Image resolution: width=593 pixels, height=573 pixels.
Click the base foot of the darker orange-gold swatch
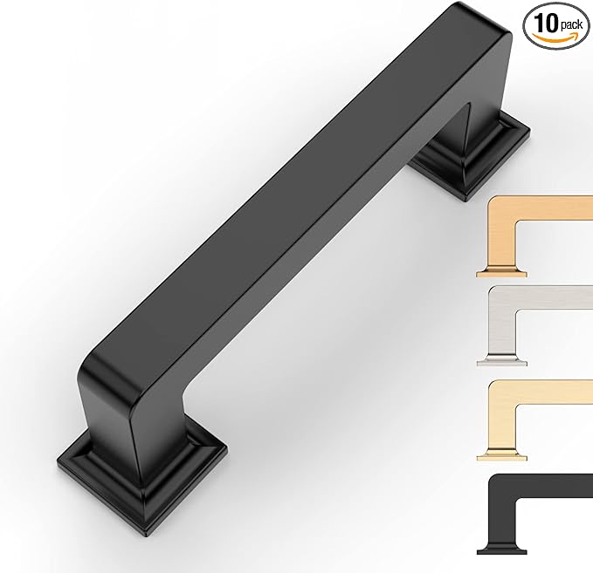501,271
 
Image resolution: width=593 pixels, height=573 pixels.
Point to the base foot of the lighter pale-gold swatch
501,454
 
